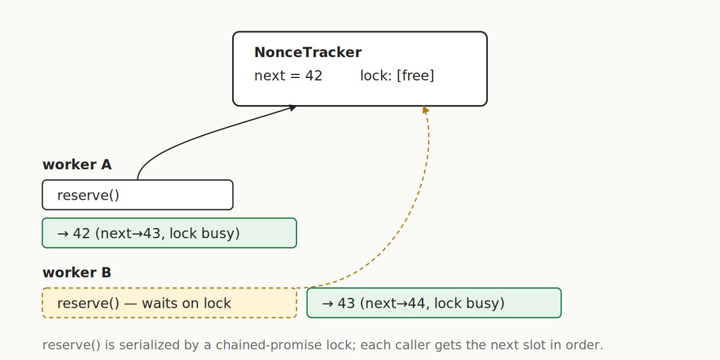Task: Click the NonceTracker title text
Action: (x=308, y=53)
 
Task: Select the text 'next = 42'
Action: (x=288, y=76)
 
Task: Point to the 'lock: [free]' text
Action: (x=397, y=76)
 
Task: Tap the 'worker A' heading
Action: (x=77, y=165)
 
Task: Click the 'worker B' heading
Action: (x=77, y=273)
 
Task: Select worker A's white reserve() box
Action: (x=137, y=195)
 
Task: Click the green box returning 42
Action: (x=169, y=233)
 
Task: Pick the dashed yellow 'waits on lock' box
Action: (x=169, y=303)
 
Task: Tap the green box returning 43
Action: (x=434, y=303)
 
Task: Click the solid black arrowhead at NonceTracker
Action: (x=292, y=107)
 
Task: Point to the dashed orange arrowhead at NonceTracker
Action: (x=425, y=110)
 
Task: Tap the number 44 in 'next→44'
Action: (x=418, y=304)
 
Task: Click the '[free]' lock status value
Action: (x=415, y=76)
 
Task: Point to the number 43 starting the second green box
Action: (x=346, y=304)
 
